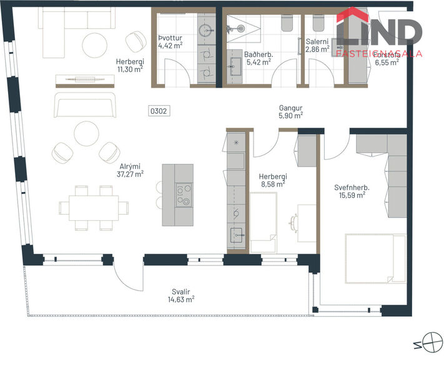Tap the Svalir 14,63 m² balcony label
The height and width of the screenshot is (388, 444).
tap(181, 295)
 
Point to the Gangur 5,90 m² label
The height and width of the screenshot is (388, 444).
tap(290, 111)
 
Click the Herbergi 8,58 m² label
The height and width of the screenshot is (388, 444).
tap(272, 181)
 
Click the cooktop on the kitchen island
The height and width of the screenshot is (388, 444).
tap(184, 195)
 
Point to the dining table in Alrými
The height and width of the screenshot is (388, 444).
tap(94, 207)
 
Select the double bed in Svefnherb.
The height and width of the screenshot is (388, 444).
tap(375, 258)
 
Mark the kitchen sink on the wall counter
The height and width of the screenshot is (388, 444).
tap(237, 236)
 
